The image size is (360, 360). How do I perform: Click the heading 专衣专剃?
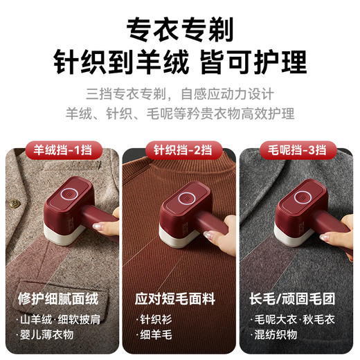click(x=179, y=29)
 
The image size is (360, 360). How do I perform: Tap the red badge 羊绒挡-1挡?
click(x=63, y=148)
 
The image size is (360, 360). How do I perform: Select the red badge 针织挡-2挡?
click(x=179, y=148)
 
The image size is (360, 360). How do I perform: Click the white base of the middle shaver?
click(x=179, y=233)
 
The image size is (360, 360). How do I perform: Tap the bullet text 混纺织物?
click(x=279, y=334)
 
